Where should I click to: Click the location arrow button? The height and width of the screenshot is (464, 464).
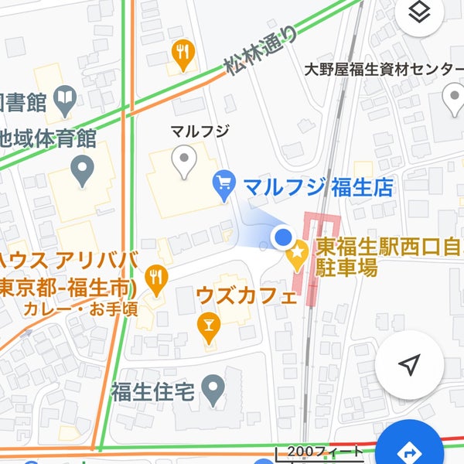[410, 364]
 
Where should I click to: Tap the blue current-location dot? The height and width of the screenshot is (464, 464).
[284, 237]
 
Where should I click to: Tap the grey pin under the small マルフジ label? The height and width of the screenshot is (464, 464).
[183, 161]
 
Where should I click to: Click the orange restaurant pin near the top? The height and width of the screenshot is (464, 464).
[183, 53]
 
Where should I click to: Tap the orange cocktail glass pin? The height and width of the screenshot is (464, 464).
[207, 326]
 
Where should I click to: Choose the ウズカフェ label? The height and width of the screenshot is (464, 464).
[246, 296]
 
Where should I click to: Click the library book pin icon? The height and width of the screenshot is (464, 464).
[66, 98]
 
